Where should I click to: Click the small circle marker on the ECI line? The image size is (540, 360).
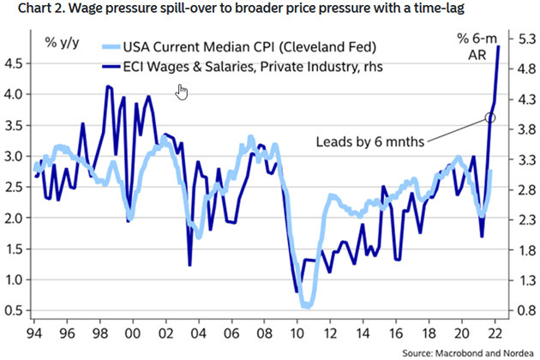[x=489, y=117]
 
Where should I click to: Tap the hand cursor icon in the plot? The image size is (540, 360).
[x=181, y=92]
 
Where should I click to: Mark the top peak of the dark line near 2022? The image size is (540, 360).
[x=498, y=46]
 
